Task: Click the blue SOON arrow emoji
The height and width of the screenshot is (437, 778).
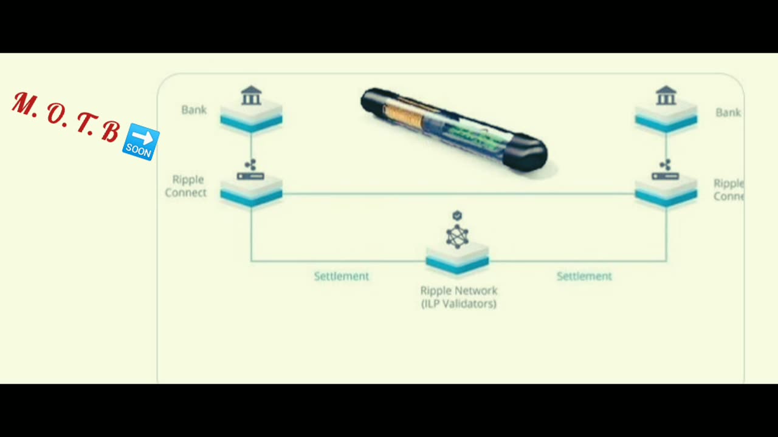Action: [x=141, y=142]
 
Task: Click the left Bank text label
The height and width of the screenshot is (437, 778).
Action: [x=194, y=110]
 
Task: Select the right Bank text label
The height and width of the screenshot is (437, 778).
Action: [x=728, y=112]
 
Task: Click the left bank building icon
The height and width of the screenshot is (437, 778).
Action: [x=251, y=96]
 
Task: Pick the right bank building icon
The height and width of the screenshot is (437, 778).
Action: [x=666, y=96]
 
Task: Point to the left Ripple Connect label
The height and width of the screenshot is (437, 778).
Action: [x=186, y=186]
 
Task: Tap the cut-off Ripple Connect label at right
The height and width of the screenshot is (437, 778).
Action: [x=728, y=190]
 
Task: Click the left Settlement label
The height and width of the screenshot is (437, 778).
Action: [x=341, y=276]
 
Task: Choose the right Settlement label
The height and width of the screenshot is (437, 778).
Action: [x=584, y=276]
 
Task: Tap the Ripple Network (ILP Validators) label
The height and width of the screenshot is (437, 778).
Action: [x=459, y=297]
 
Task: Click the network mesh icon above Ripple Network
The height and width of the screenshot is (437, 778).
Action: [x=457, y=236]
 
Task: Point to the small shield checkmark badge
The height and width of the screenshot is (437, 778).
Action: [x=457, y=215]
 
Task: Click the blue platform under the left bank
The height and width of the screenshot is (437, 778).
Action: [x=251, y=121]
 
